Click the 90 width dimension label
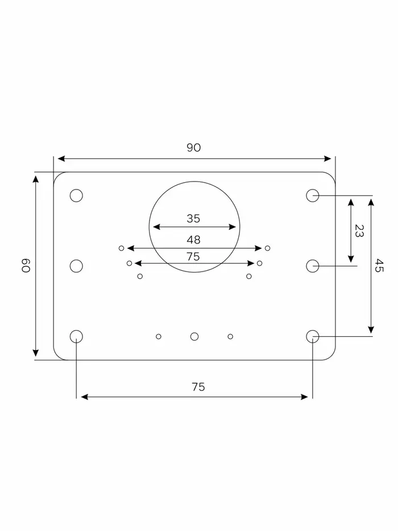(x=193, y=147)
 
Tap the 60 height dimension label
(x=26, y=265)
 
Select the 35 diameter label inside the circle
(x=193, y=219)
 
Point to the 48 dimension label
(x=193, y=240)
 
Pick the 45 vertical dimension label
(x=379, y=265)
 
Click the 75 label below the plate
(x=198, y=387)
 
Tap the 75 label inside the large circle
(x=193, y=257)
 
